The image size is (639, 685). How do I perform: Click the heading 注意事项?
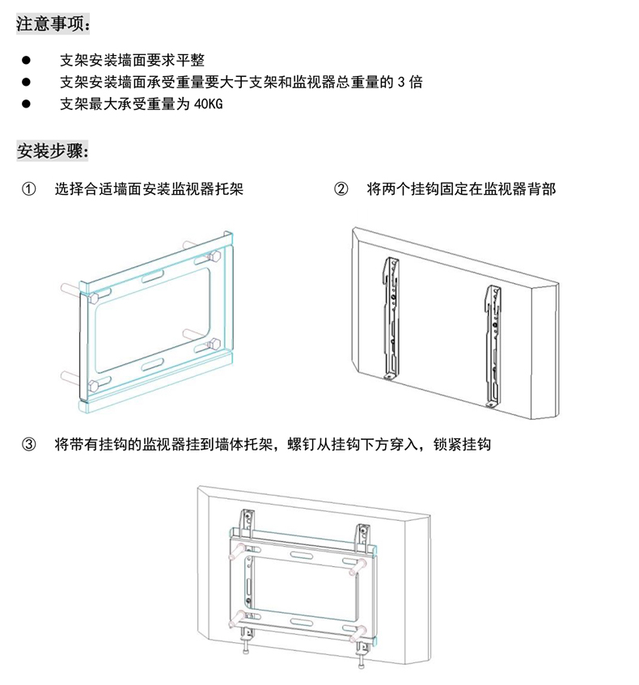(x=53, y=23)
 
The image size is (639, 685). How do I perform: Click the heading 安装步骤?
(x=53, y=151)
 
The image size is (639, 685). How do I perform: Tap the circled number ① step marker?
(x=28, y=190)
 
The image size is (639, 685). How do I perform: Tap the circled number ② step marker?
(x=341, y=190)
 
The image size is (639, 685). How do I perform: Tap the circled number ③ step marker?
(x=28, y=445)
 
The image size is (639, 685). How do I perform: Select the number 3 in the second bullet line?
(x=401, y=82)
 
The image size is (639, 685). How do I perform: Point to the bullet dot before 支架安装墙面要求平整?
(x=26, y=60)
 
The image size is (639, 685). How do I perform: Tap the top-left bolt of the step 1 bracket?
(x=94, y=298)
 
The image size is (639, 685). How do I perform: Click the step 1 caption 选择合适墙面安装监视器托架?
(x=149, y=190)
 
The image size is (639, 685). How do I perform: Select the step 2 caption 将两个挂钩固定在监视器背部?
(x=461, y=190)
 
